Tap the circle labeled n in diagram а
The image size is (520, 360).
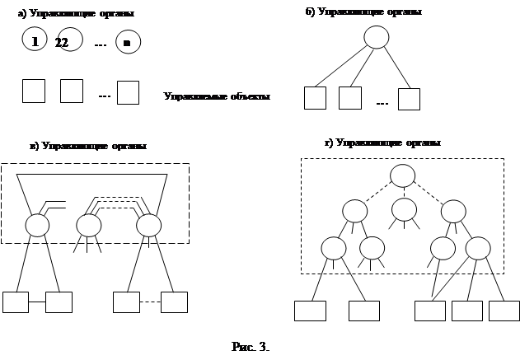tap(128, 42)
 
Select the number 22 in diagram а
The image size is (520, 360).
tap(63, 43)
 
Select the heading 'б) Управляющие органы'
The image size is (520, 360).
tap(371, 12)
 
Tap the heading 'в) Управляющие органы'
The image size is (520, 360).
tap(100, 146)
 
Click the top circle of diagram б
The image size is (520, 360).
tap(377, 37)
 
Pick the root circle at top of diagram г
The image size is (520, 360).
tap(402, 175)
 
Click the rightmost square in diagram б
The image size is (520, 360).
tap(409, 99)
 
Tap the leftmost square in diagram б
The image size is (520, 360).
tap(316, 99)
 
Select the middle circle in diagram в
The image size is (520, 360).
tap(88, 224)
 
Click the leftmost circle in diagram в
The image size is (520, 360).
tap(37, 224)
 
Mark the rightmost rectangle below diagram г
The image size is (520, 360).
tap(504, 311)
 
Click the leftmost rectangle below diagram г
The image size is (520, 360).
tap(311, 311)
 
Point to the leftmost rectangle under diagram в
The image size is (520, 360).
tap(16, 302)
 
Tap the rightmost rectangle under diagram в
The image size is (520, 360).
tap(174, 302)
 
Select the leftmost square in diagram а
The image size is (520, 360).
tap(33, 91)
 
